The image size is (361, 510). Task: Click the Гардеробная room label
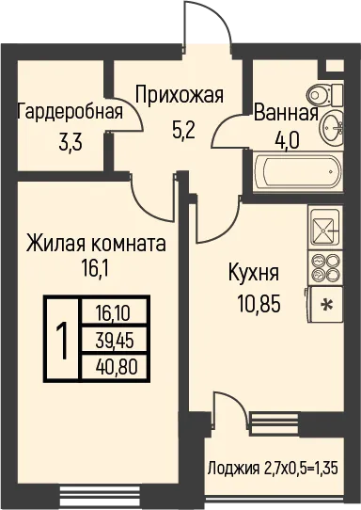(x=71, y=112)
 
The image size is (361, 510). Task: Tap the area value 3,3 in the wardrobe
(x=71, y=143)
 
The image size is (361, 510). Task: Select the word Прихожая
(x=180, y=95)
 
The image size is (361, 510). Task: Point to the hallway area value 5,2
(x=183, y=131)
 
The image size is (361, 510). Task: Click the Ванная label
(x=286, y=114)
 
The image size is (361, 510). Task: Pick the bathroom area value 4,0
(x=286, y=141)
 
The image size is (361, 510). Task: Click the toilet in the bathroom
(x=324, y=94)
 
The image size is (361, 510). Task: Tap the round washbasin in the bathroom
(x=332, y=126)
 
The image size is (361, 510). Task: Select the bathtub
(x=298, y=171)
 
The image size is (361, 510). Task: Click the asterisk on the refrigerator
(x=326, y=305)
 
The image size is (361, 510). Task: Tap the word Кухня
(x=254, y=273)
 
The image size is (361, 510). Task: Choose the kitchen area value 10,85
(x=259, y=304)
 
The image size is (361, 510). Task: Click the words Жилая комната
(x=96, y=244)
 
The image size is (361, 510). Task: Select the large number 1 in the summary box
(x=62, y=341)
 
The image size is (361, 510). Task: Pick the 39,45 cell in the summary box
(x=115, y=342)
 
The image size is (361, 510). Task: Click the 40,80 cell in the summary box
(x=117, y=367)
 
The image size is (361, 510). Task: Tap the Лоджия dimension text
(x=273, y=469)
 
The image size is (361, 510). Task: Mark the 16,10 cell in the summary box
(x=113, y=314)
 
